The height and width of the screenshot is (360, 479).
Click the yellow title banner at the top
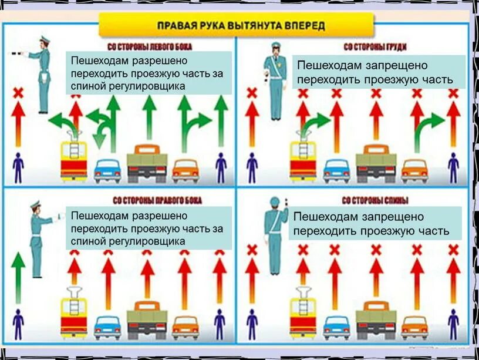point(235,26)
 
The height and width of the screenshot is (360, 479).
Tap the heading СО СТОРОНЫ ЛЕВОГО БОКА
point(150,46)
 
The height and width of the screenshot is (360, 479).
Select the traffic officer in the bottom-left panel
point(38,238)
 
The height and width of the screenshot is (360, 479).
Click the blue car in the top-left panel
point(107,170)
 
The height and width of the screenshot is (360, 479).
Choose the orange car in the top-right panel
point(414,170)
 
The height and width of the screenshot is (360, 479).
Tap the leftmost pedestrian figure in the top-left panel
point(18,167)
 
